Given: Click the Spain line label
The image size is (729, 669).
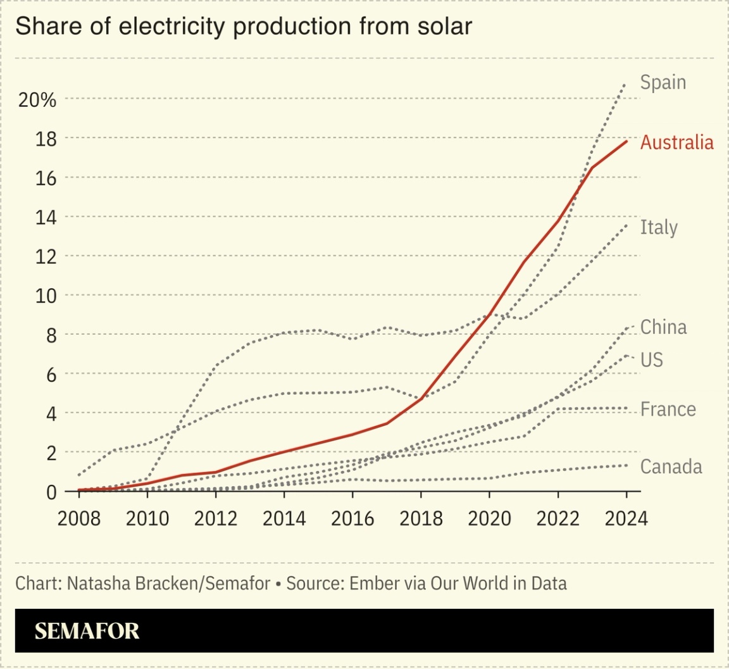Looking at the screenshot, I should (x=663, y=83).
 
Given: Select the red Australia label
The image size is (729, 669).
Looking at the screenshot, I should (x=676, y=142).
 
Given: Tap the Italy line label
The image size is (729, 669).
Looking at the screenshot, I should (x=658, y=227).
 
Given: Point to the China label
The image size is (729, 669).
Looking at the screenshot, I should (x=663, y=327).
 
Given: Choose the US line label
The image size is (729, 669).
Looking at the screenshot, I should (x=651, y=360).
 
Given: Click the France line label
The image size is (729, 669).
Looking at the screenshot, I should (x=668, y=410).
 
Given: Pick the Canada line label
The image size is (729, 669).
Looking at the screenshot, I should (x=671, y=467).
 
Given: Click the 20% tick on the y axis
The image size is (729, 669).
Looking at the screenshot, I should (x=37, y=99).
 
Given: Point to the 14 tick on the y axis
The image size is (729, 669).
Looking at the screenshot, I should (x=45, y=217).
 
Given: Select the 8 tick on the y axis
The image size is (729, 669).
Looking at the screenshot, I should (x=51, y=335).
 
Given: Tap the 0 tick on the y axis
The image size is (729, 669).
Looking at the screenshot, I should (x=51, y=492).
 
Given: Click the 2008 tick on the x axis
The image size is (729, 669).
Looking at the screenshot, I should (x=79, y=519).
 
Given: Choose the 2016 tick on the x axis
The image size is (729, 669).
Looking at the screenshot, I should (x=352, y=519).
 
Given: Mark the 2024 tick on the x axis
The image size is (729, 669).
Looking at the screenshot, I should (x=626, y=519).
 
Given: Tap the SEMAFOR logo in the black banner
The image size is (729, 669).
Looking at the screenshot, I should (x=87, y=631).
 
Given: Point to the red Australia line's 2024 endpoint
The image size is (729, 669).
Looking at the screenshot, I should (x=626, y=141).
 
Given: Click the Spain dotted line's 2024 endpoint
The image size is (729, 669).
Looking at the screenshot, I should (x=625, y=83).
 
